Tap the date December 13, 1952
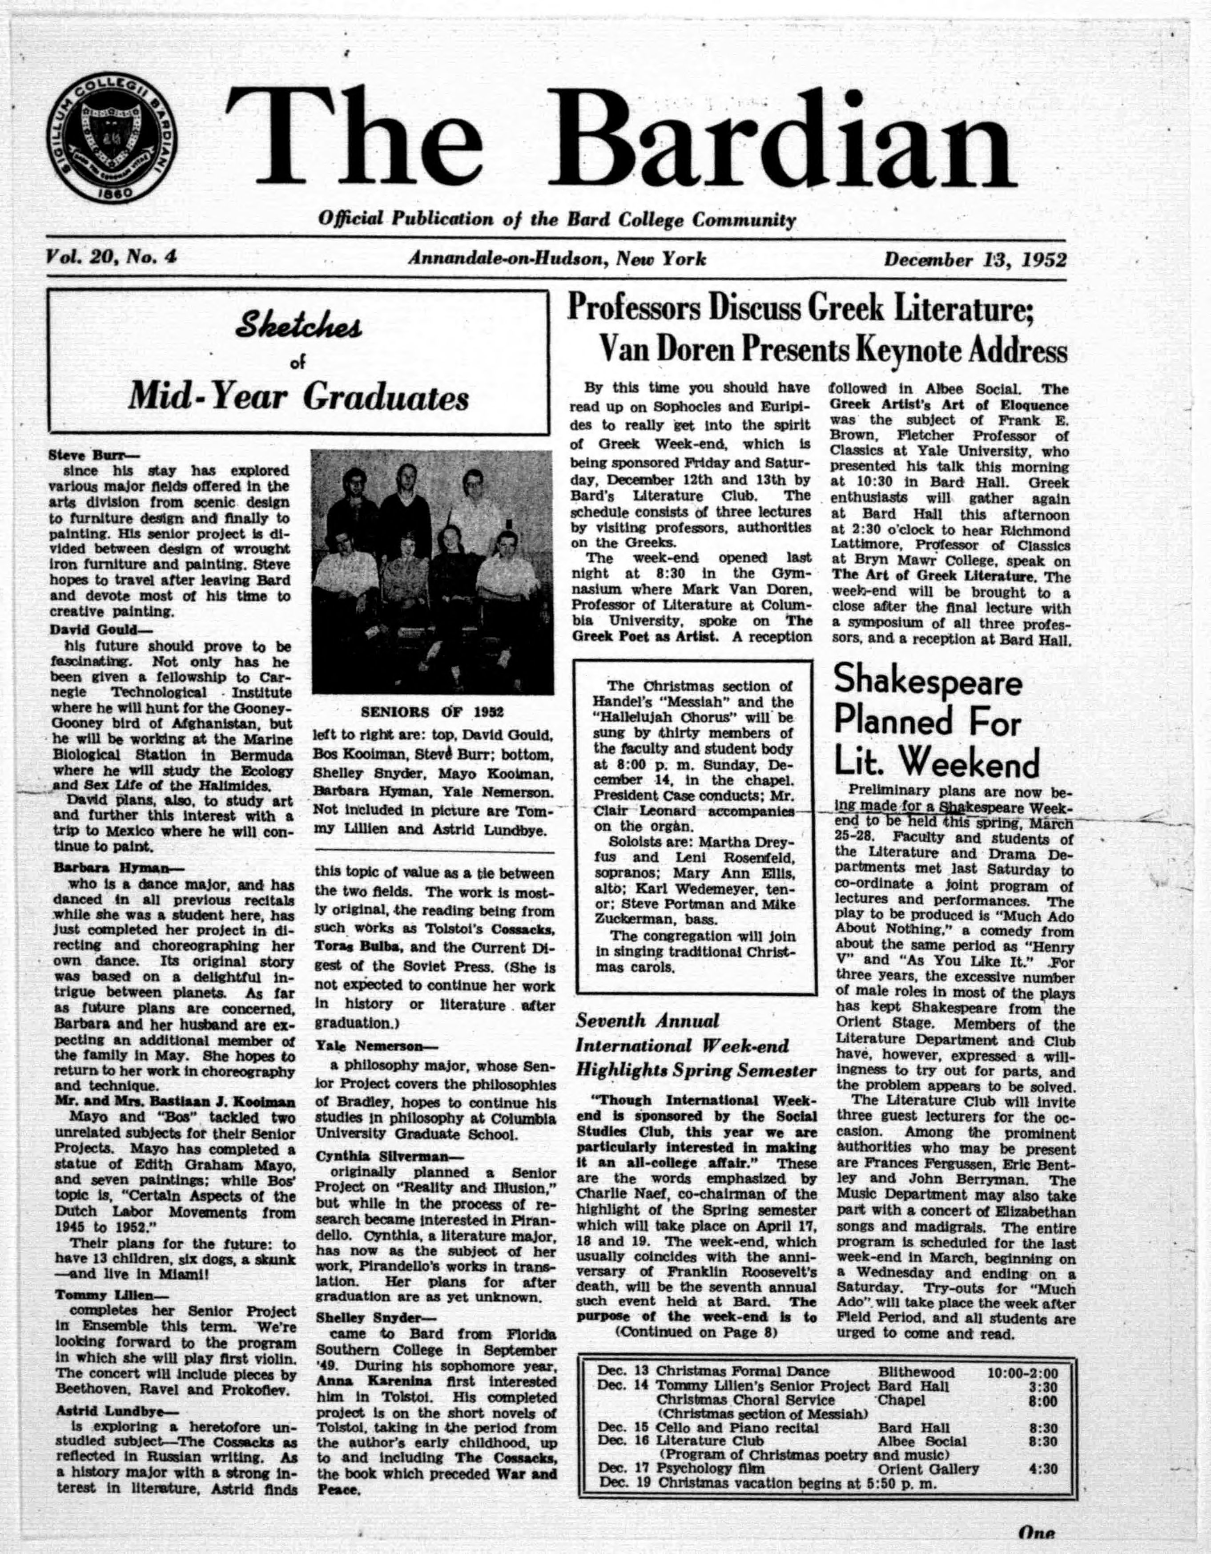click(x=975, y=260)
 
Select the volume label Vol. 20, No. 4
click(x=110, y=258)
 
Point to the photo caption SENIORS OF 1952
click(x=432, y=711)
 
